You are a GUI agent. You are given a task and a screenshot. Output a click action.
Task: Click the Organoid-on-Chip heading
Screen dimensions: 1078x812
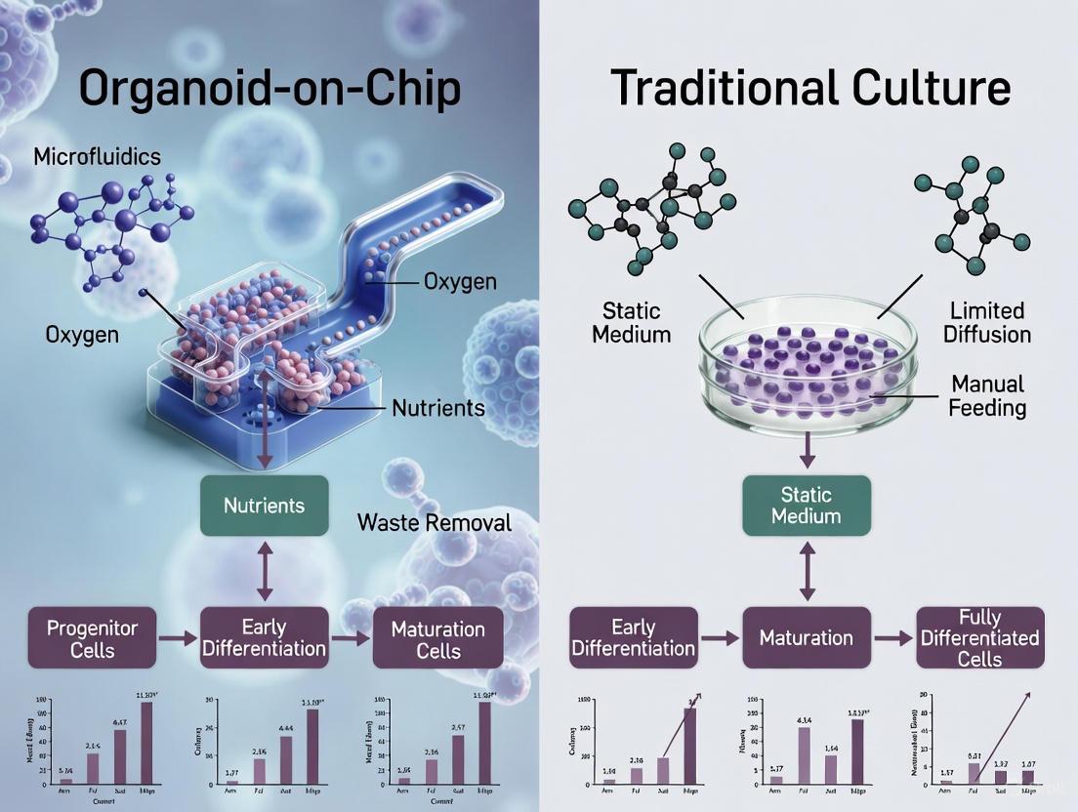(269, 88)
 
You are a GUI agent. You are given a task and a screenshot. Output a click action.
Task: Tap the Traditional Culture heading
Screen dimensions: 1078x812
(809, 88)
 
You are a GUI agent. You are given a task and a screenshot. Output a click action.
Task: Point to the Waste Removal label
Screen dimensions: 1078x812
(434, 522)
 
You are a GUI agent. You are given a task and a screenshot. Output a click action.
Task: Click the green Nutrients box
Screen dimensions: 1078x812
(264, 506)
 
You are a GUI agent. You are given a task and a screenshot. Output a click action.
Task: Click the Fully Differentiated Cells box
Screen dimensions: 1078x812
(979, 638)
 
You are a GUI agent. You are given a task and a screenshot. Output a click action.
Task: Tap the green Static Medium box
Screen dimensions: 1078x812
(806, 506)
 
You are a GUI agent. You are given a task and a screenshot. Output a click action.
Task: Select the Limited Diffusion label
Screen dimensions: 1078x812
(987, 322)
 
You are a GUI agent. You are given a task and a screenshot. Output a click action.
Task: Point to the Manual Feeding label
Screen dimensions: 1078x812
(987, 394)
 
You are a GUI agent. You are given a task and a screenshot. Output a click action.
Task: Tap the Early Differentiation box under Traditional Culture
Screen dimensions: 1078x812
(633, 638)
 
